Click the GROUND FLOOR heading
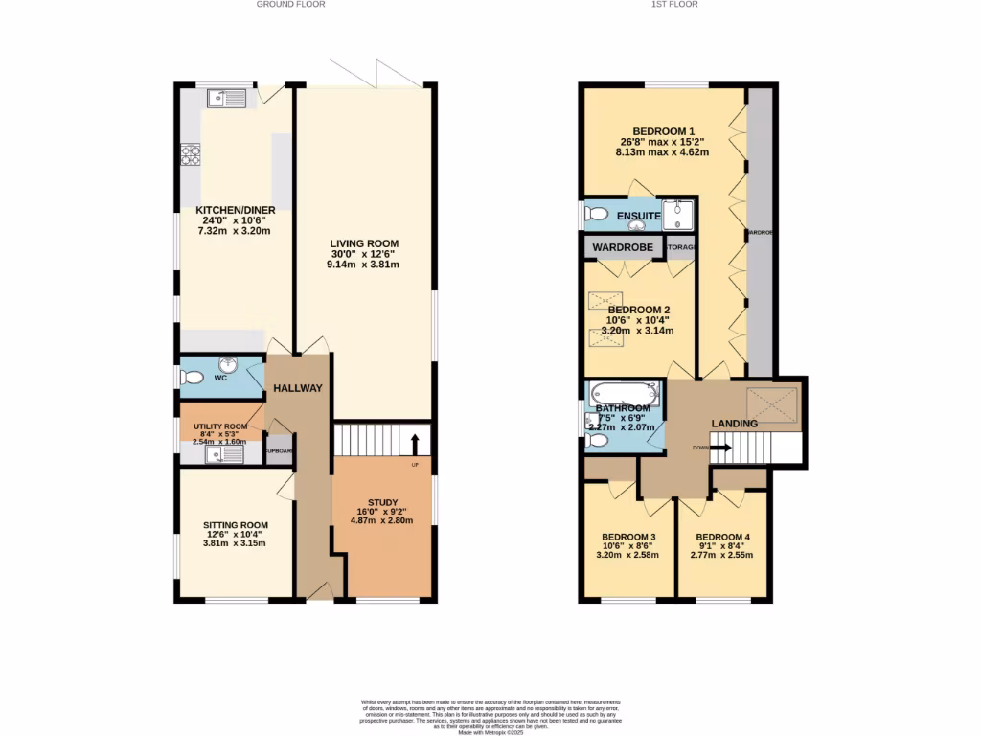[x=290, y=5]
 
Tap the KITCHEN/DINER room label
[x=236, y=210]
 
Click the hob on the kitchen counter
[x=190, y=155]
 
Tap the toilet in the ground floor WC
[x=192, y=379]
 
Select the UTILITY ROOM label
[x=220, y=426]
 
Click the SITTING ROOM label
[x=235, y=525]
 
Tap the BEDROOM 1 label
[x=663, y=131]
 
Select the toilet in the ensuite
[x=596, y=214]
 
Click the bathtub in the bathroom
[x=624, y=392]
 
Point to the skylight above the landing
[x=771, y=400]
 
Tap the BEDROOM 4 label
[x=723, y=537]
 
